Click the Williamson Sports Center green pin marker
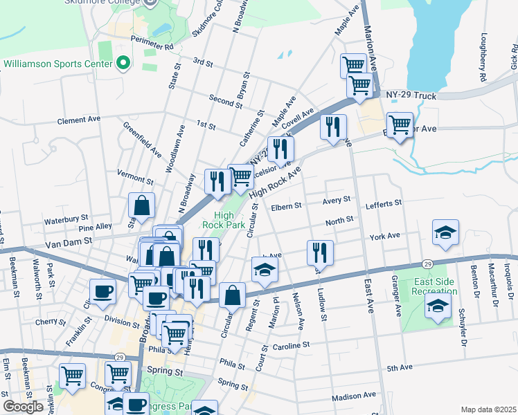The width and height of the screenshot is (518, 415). [x=123, y=63]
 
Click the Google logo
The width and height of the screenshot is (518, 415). [x=23, y=407]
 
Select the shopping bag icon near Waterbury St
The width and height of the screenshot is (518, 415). [x=141, y=205]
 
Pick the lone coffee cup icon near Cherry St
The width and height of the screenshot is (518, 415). [x=102, y=291]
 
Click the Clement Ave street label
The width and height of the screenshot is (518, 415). [x=79, y=120]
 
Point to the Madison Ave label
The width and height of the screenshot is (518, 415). [x=353, y=396]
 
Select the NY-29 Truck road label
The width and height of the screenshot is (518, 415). [x=411, y=95]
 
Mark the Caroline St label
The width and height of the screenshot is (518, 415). [x=289, y=345]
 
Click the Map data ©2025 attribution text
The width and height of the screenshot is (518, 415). [x=488, y=409]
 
